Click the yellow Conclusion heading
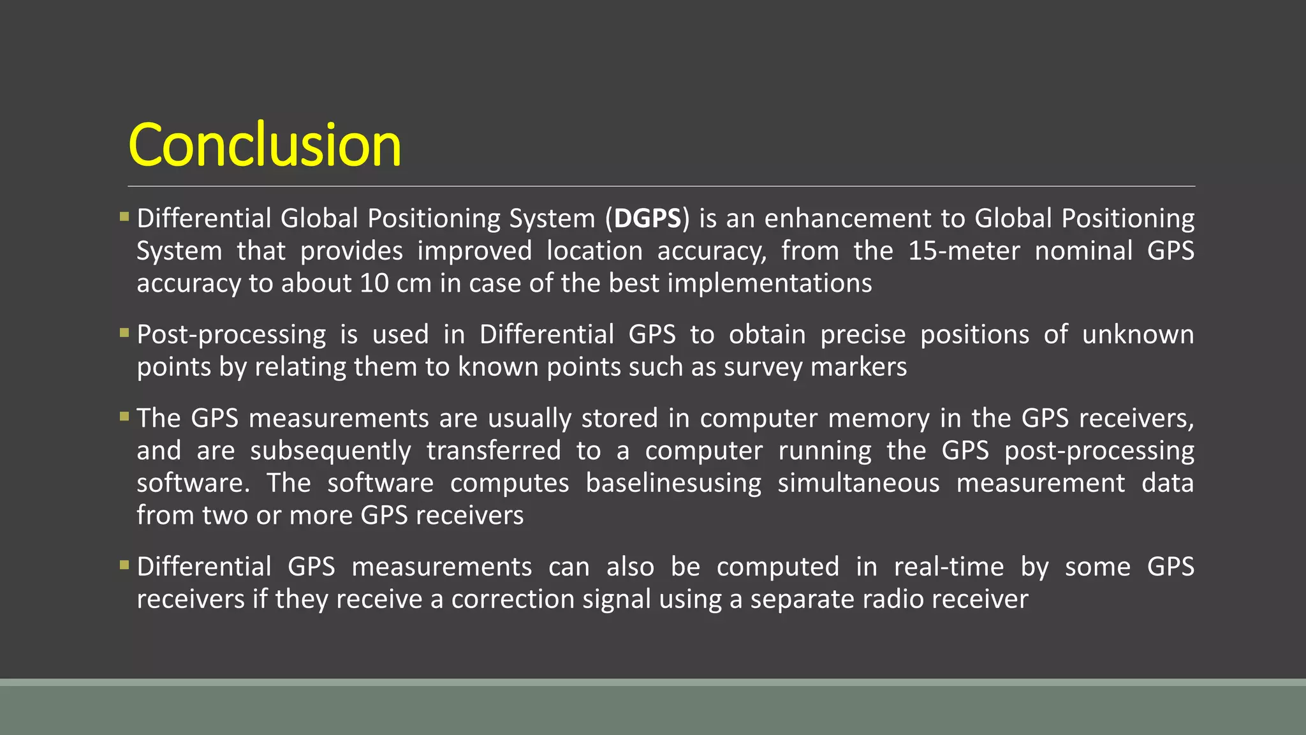click(265, 145)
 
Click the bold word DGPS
click(647, 219)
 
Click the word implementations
click(769, 283)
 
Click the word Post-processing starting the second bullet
click(231, 335)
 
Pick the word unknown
click(1138, 335)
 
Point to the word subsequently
click(330, 451)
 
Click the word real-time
click(948, 567)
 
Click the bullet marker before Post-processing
click(124, 332)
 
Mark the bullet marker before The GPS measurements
click(124, 416)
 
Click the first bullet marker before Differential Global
click(124, 216)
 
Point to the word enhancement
click(847, 219)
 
